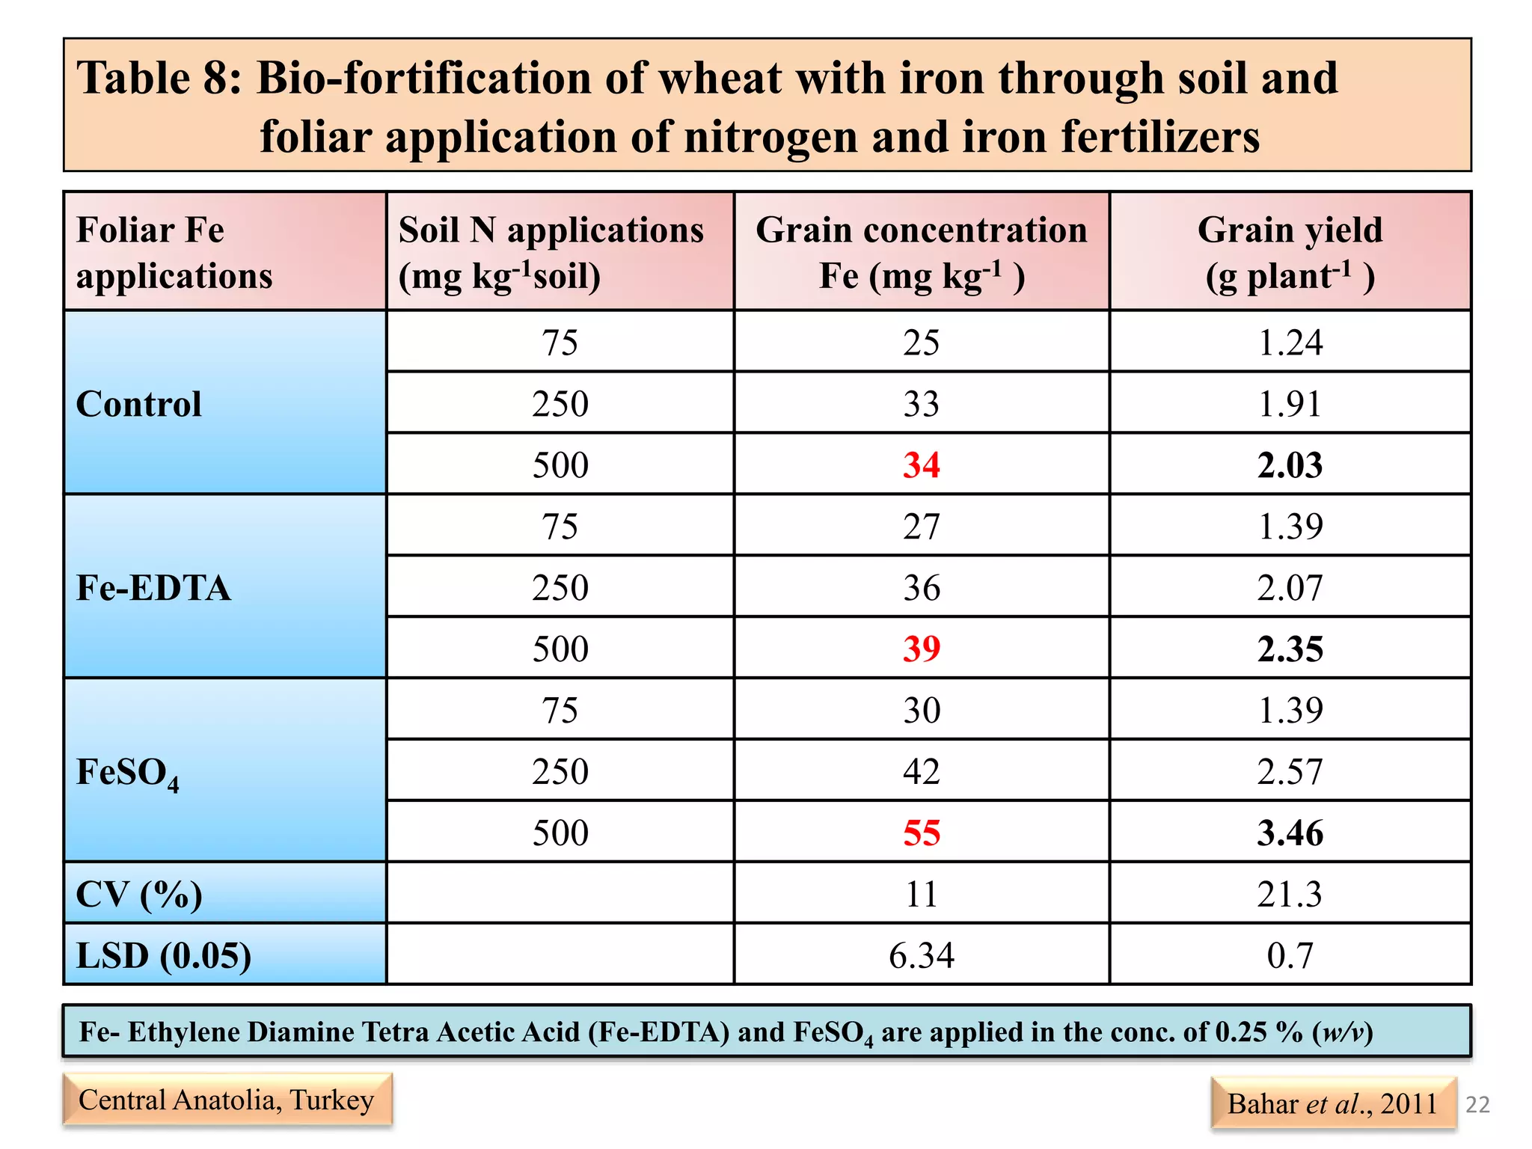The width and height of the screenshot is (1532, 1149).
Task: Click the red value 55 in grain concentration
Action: click(921, 833)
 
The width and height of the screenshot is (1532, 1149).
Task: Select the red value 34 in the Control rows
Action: click(921, 465)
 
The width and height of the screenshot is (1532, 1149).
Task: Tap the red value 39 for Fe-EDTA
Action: click(921, 649)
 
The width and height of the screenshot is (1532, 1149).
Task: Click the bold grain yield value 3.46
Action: click(1290, 833)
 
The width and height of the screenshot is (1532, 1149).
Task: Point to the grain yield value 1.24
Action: click(1290, 343)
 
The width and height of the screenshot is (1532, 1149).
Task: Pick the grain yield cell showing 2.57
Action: click(1290, 771)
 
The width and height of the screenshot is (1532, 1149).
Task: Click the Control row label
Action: click(139, 404)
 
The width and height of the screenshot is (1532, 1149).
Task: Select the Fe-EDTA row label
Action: click(153, 588)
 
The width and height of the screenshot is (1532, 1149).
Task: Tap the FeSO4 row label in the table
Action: click(128, 773)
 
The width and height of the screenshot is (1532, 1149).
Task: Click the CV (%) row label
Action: click(139, 894)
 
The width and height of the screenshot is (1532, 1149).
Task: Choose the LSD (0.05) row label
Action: click(163, 955)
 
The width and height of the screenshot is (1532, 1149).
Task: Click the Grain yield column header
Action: click(1290, 252)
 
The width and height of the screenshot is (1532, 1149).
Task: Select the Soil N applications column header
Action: click(551, 252)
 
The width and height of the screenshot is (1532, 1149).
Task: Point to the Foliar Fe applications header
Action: click(174, 252)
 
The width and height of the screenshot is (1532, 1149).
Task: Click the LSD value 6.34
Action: click(921, 955)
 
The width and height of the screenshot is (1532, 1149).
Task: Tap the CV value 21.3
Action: click(1290, 894)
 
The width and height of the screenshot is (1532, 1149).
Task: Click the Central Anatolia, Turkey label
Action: click(227, 1100)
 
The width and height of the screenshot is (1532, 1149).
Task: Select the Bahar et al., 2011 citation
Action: click(1332, 1103)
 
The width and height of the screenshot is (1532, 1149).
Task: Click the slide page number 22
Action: click(1477, 1104)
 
